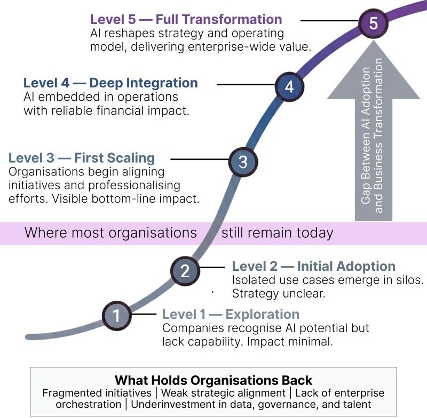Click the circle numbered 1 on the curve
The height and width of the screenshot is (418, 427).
pyautogui.click(x=116, y=316)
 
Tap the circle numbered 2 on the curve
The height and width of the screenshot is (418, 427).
pyautogui.click(x=185, y=271)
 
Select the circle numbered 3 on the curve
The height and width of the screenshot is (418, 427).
pyautogui.click(x=243, y=162)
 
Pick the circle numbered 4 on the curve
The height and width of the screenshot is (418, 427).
pyautogui.click(x=289, y=86)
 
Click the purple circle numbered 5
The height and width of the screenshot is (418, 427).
pyautogui.click(x=373, y=23)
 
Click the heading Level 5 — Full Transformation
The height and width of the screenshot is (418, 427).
pyautogui.click(x=186, y=20)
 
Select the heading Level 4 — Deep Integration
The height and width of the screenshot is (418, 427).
pyautogui.click(x=110, y=83)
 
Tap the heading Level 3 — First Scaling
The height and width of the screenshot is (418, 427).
pyautogui.click(x=82, y=158)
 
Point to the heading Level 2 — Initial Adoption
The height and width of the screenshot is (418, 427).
pyautogui.click(x=314, y=266)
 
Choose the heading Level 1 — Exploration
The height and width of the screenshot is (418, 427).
pyautogui.click(x=231, y=314)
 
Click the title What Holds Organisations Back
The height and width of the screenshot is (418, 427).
pyautogui.click(x=213, y=381)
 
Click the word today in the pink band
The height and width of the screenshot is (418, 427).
pyautogui.click(x=316, y=233)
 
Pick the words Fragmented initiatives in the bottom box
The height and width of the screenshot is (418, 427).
pyautogui.click(x=97, y=393)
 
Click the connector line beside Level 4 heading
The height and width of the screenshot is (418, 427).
pyautogui.click(x=246, y=84)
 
